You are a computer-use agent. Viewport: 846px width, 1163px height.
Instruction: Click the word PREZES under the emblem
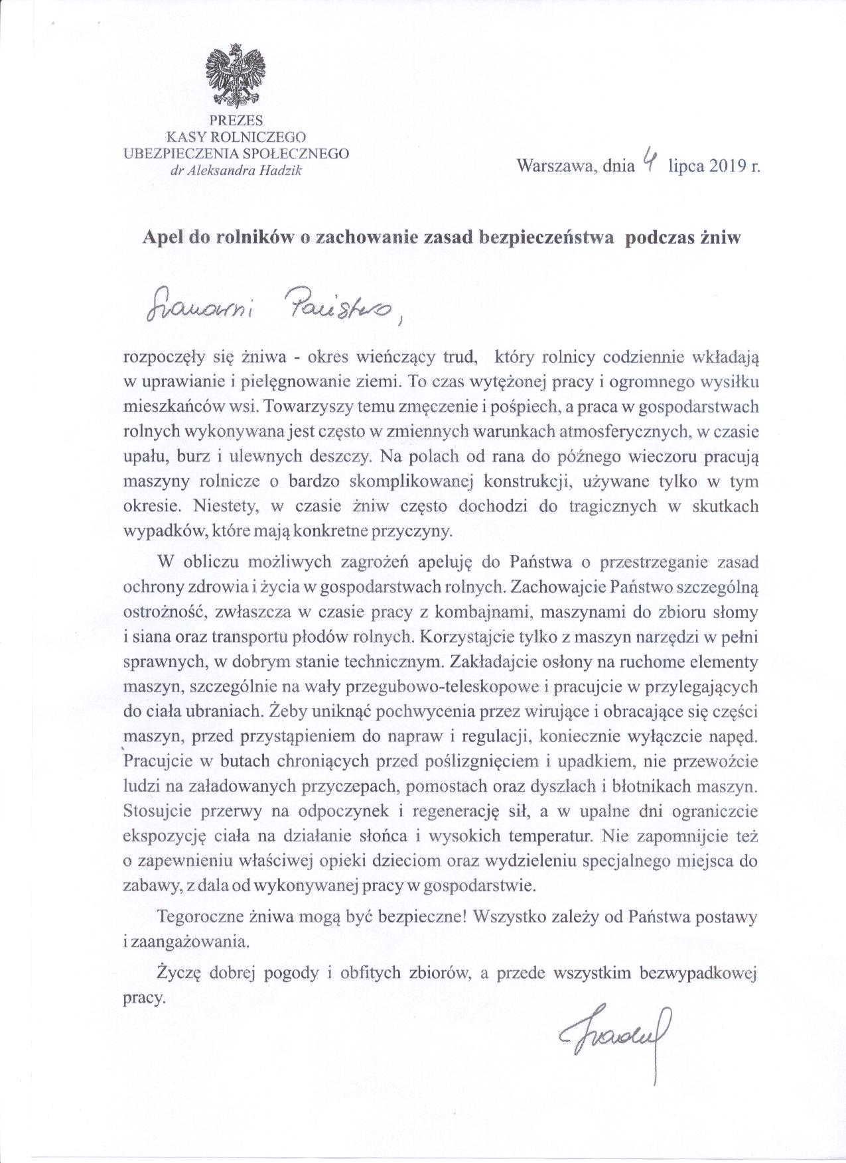pyautogui.click(x=236, y=121)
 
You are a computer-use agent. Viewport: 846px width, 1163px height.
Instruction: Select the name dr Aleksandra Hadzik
pyautogui.click(x=237, y=170)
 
